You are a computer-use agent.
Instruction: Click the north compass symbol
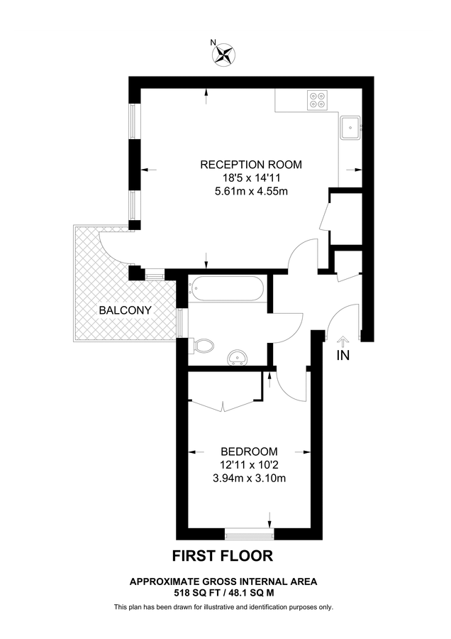(225, 53)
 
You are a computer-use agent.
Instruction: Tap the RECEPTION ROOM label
(251, 165)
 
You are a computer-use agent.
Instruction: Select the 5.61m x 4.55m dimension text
(251, 191)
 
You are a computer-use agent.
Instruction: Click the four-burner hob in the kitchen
(317, 100)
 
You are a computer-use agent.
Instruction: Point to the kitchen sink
(351, 129)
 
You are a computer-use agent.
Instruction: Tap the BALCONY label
(125, 310)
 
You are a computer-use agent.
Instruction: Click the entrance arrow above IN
(343, 341)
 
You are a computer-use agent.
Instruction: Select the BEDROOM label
(249, 452)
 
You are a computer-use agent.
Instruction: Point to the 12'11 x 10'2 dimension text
(249, 464)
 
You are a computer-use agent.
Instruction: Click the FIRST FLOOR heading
(223, 555)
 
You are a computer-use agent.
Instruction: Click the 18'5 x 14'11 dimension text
(251, 178)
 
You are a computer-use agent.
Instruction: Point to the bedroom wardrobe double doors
(223, 403)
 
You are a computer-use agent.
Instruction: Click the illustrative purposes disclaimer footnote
(223, 607)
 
